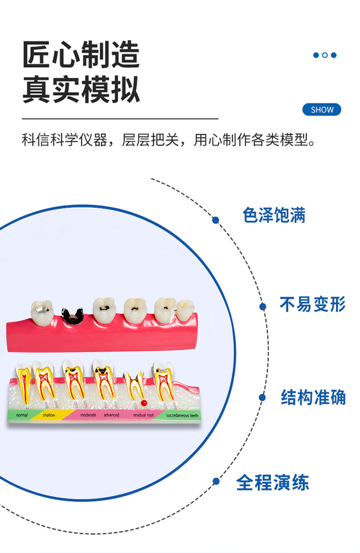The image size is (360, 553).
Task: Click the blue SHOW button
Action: coord(322,109)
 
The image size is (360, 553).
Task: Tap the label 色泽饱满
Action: coord(274,215)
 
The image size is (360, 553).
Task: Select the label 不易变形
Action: coord(312,304)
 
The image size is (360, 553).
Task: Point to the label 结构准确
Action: coord(313,397)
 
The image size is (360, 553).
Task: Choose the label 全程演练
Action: coord(273,482)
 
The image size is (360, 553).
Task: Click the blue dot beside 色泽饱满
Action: coord(216,220)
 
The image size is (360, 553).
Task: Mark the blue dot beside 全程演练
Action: coord(216,481)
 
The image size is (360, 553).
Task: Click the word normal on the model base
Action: coord(22,415)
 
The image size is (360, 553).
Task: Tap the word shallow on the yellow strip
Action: coord(49,415)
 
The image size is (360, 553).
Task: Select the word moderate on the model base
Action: coord(88,415)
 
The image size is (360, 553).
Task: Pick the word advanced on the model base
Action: coord(111,415)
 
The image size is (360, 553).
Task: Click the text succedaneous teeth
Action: coord(182,415)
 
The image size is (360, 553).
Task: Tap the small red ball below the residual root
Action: coord(144,402)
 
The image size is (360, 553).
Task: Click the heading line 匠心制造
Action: coord(81,55)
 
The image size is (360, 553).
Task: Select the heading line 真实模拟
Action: coord(81,90)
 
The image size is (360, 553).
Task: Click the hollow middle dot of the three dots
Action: coord(324,55)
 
